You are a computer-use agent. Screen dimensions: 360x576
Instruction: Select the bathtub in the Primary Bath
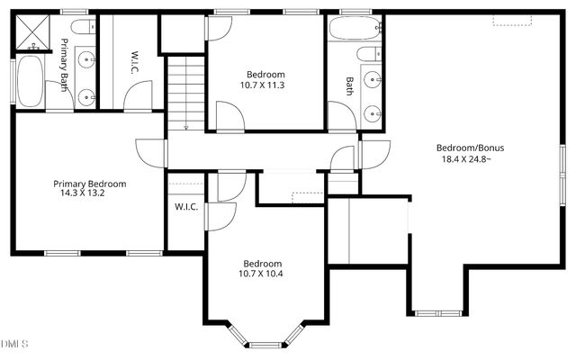pos(30,81)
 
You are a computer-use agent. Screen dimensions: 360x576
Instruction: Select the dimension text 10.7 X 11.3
pos(265,85)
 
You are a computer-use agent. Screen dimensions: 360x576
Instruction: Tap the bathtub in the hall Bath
pos(354,28)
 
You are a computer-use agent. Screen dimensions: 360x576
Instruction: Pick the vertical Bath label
pos(350,85)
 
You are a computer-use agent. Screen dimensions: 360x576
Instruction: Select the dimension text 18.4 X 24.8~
pos(466,159)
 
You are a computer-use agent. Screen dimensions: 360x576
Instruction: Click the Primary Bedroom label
pos(89,183)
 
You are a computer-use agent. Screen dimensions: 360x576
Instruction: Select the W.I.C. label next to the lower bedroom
pos(186,208)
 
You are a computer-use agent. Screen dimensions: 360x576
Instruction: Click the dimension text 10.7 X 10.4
pos(261,274)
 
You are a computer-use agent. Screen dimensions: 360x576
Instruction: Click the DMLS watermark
pos(15,344)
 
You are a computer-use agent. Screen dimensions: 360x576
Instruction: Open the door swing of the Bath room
pos(340,115)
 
